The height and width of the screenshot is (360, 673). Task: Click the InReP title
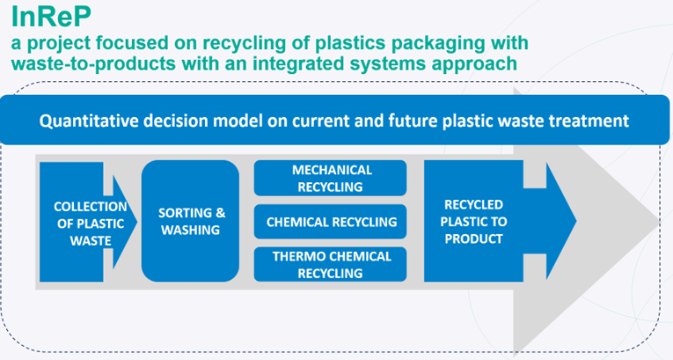[51, 17]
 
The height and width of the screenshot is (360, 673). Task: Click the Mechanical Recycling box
[330, 179]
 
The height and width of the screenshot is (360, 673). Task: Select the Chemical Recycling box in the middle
[330, 222]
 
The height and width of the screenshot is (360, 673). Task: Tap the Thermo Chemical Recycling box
[330, 265]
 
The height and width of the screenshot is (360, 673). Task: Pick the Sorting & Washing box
[190, 221]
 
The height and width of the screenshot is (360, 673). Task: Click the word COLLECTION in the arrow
[91, 207]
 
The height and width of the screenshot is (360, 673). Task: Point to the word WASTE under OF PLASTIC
[91, 241]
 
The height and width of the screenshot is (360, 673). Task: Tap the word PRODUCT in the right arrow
[473, 239]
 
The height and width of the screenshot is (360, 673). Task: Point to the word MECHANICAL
[332, 170]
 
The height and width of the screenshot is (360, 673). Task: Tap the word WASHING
[190, 231]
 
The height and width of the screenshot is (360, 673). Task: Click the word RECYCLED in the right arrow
[473, 204]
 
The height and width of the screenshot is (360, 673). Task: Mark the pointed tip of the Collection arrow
[137, 222]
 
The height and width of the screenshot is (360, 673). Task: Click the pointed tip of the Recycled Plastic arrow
[576, 222]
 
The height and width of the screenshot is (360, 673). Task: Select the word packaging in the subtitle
[435, 43]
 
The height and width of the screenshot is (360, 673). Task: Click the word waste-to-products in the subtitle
[93, 64]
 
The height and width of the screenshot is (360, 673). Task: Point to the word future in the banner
[413, 121]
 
